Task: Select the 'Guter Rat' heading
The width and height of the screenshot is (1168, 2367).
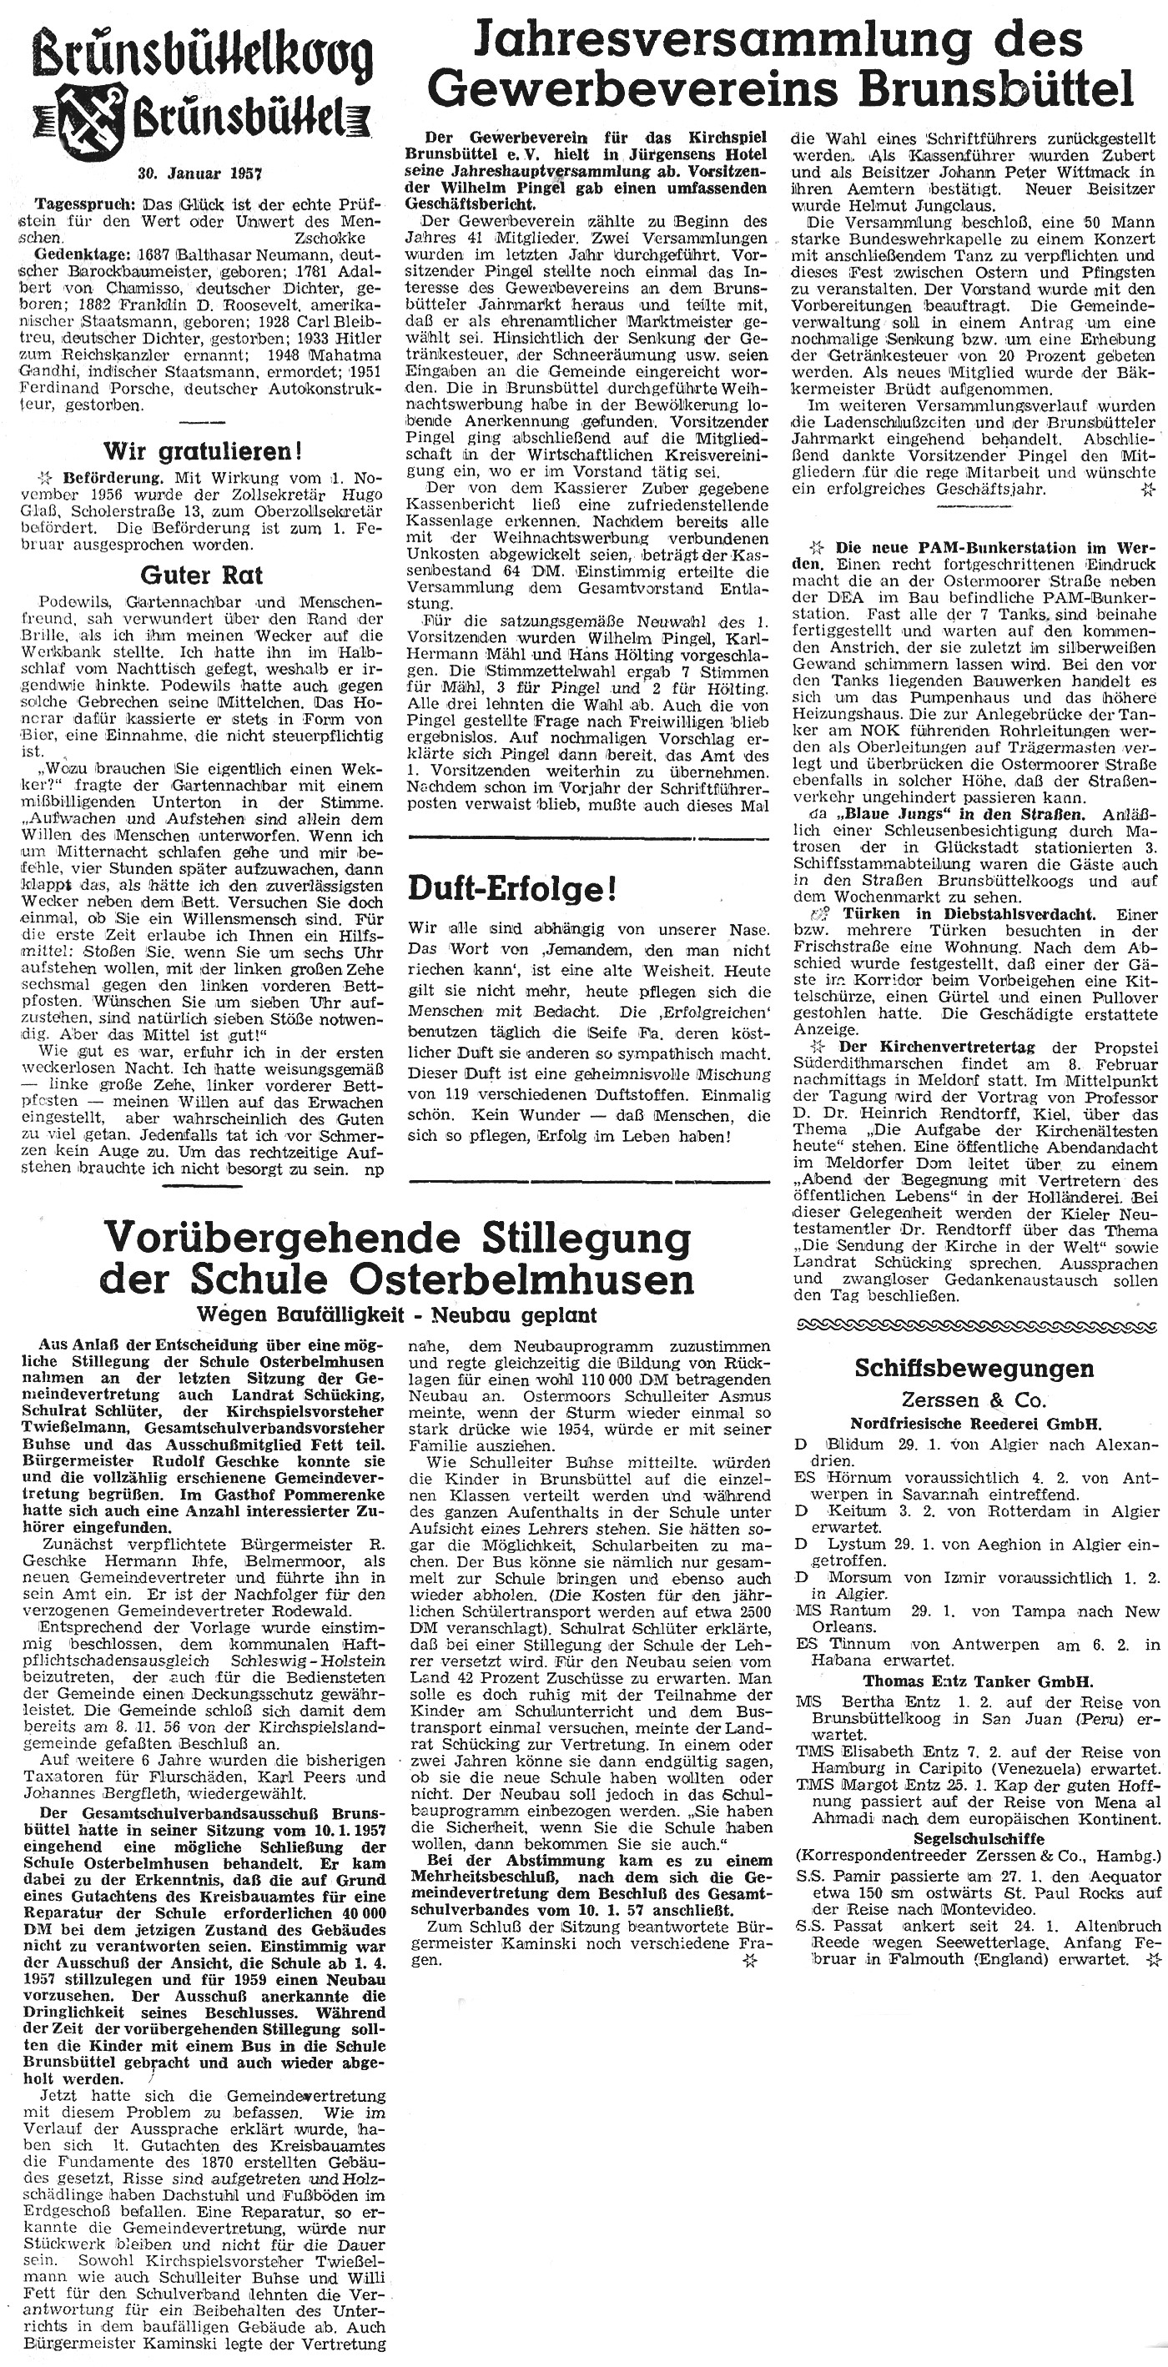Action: [201, 575]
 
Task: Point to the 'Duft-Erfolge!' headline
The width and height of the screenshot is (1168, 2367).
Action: [512, 889]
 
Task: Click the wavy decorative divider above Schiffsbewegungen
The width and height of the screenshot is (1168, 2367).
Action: [975, 1324]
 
